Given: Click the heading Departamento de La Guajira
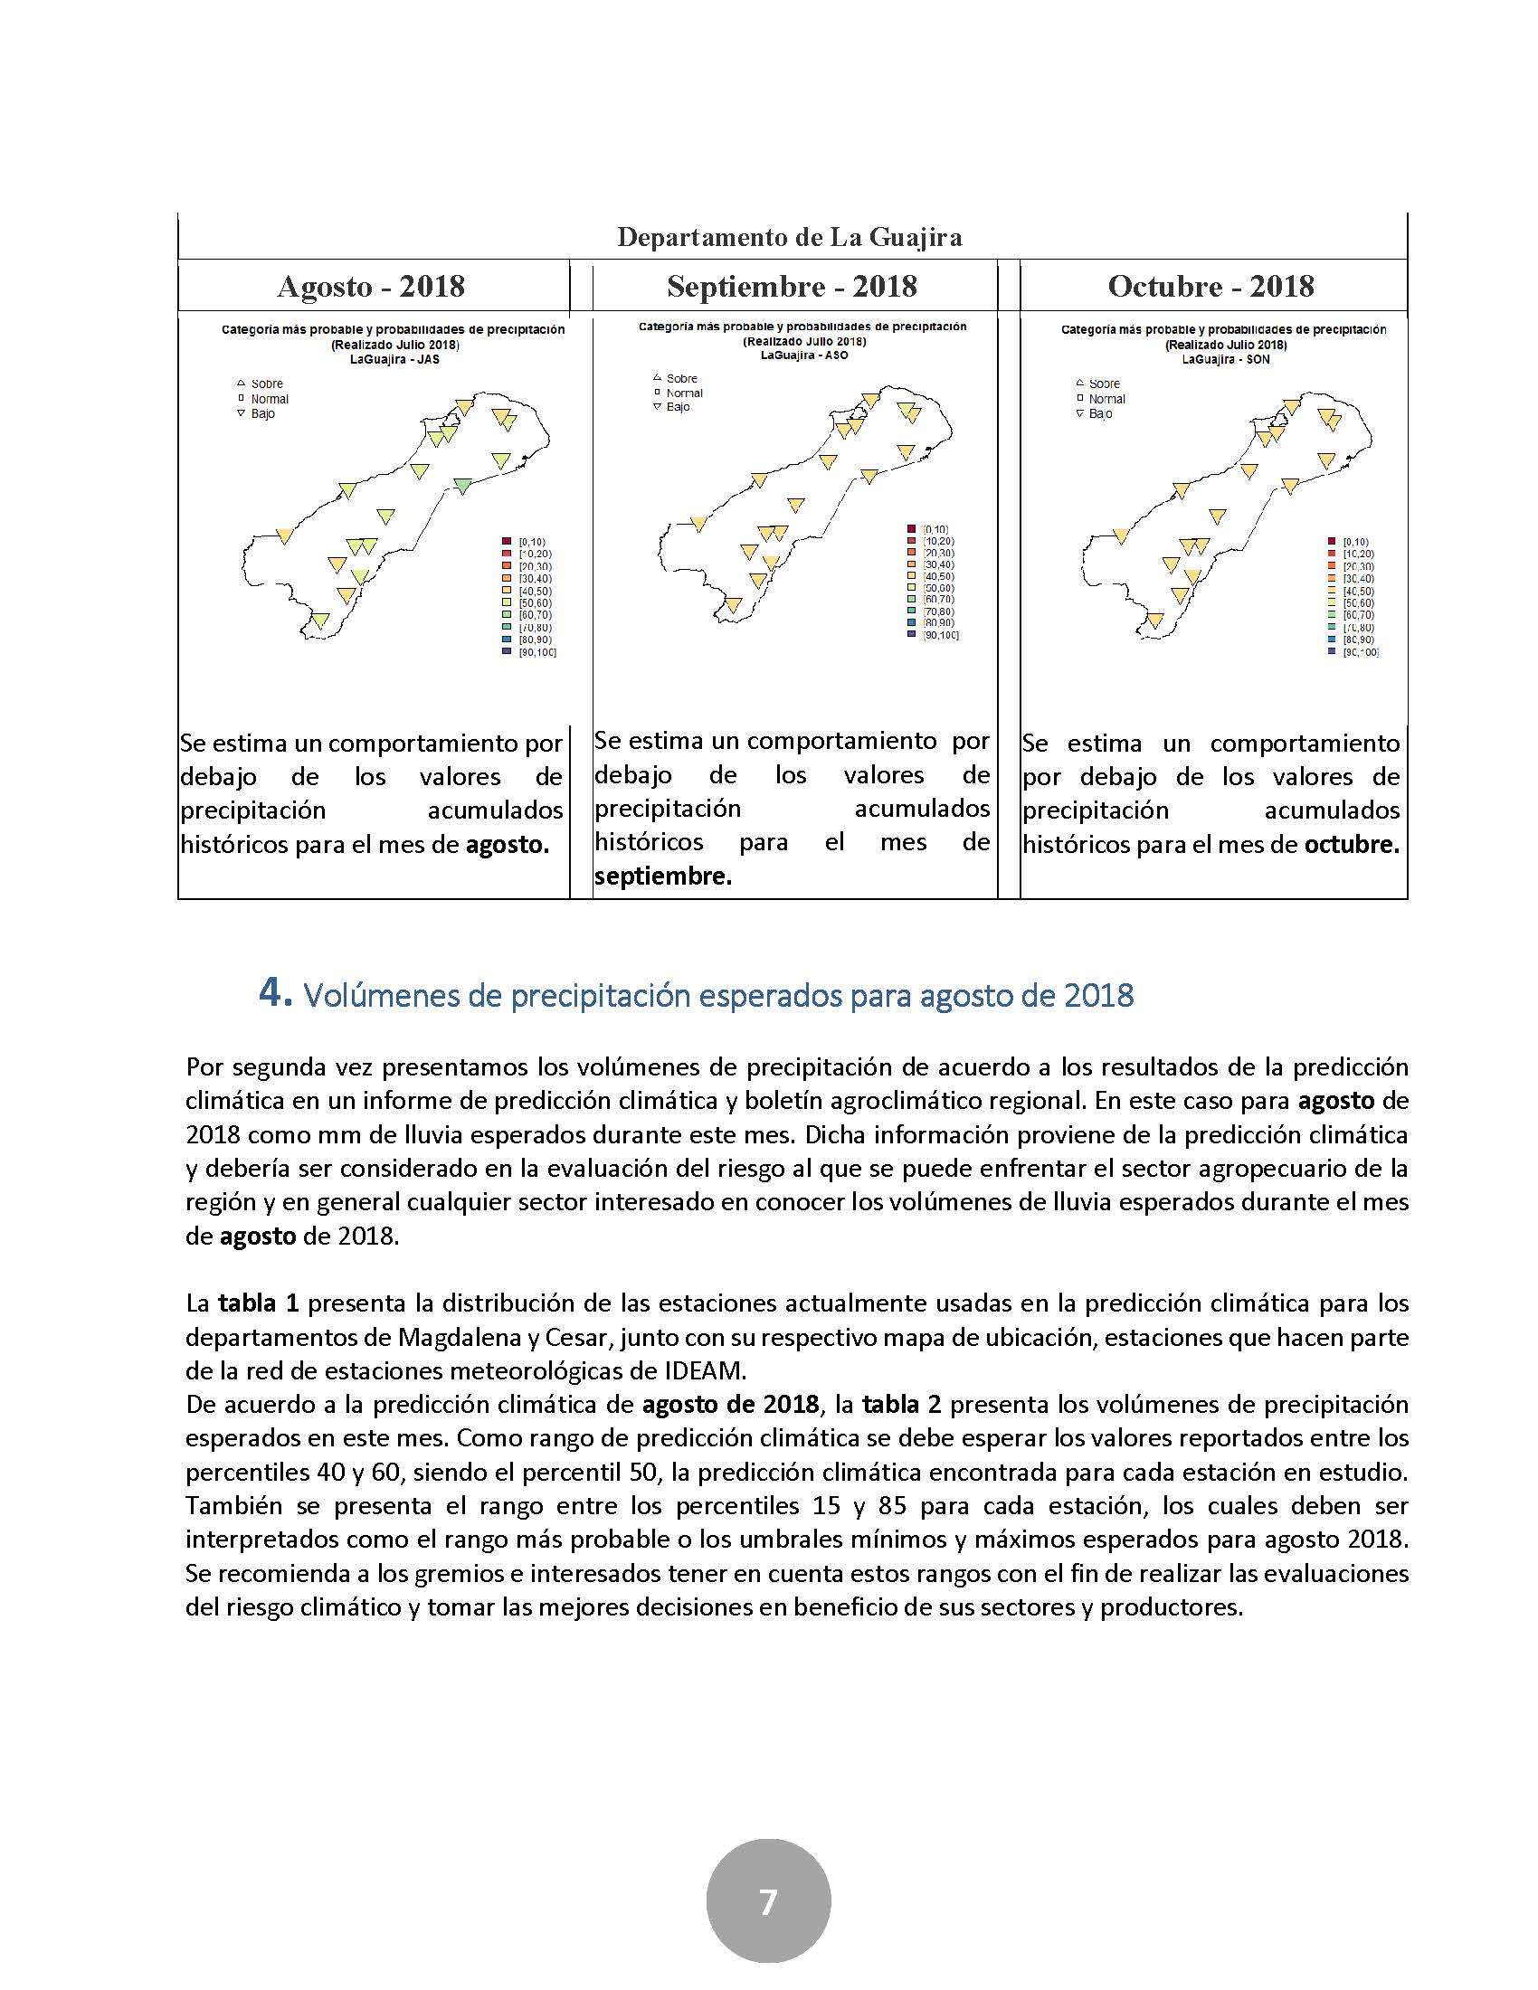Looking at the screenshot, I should pos(789,238).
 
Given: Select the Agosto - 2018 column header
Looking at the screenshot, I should pos(371,287).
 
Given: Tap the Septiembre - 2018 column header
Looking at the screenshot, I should pos(792,287).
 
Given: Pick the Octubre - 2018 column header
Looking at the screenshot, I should pos(1210,287).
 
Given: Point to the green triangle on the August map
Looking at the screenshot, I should pos(463,485).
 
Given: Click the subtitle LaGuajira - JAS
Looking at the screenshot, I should pos(393,359).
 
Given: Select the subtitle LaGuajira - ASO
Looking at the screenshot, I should pos(804,355).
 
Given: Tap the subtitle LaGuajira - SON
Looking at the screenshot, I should pos(1226,359).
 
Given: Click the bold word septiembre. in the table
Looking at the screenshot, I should pos(662,877).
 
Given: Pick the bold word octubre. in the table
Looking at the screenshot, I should pos(1352,845).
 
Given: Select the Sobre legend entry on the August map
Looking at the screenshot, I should pos(266,384).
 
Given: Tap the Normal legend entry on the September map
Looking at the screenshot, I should pos(684,393).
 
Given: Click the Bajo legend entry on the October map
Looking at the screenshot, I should pos(1100,413).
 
